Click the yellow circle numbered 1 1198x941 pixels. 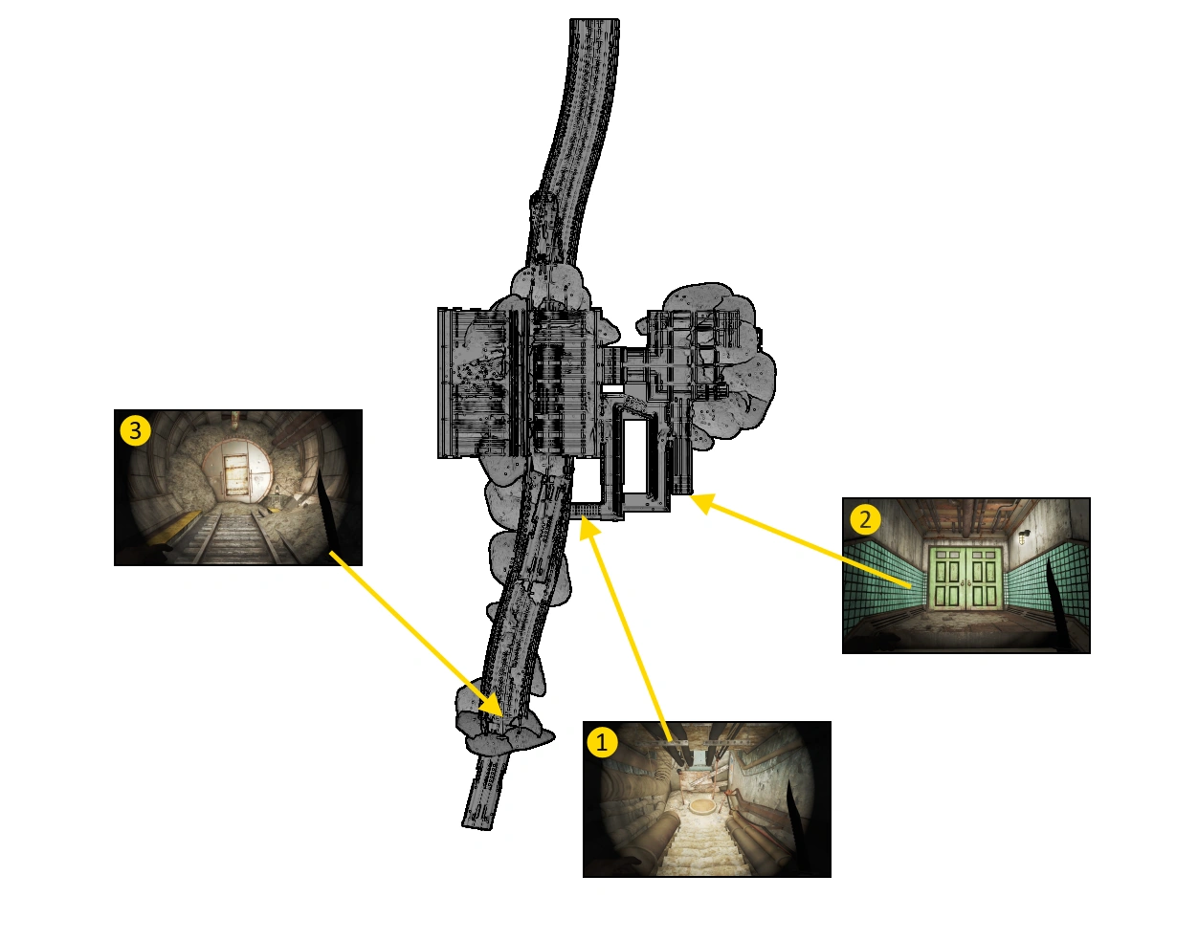tap(602, 742)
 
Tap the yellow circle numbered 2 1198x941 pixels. tap(865, 519)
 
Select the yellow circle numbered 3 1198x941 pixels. tap(136, 430)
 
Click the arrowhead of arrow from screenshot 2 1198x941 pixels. tap(701, 502)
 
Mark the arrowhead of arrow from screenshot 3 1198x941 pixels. tap(493, 705)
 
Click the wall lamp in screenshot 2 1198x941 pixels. tap(1024, 536)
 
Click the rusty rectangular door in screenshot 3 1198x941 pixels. tap(237, 475)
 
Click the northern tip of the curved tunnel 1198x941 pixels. tap(594, 20)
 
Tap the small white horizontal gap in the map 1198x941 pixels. tap(612, 389)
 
